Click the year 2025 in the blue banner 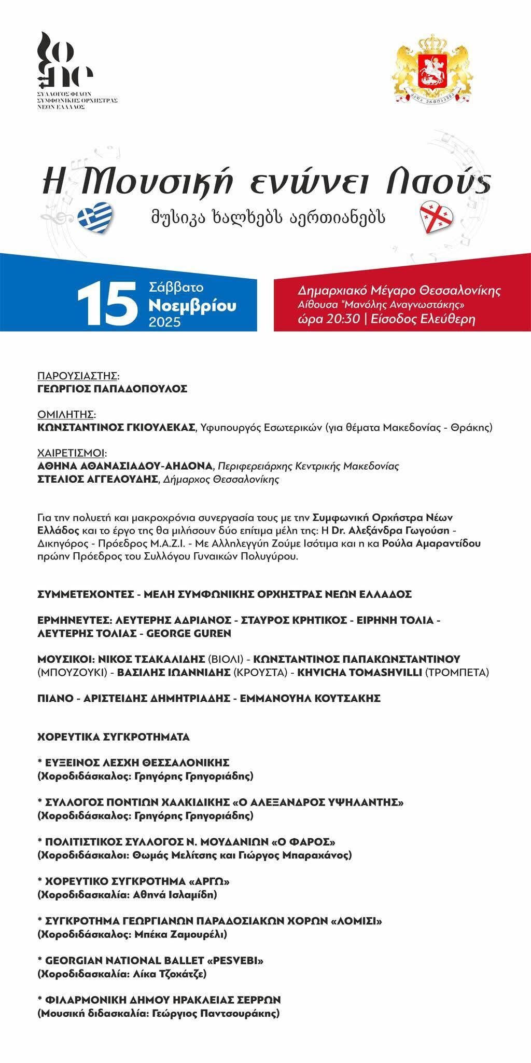(x=164, y=322)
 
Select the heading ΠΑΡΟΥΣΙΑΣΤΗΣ (x=78, y=376)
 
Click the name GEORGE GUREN (x=190, y=633)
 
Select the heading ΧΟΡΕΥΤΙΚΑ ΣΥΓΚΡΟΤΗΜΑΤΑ (x=114, y=737)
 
